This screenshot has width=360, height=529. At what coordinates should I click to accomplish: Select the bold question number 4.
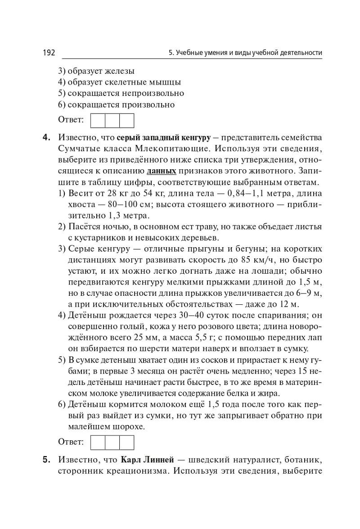[46, 137]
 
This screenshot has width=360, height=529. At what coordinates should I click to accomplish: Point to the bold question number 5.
[46, 460]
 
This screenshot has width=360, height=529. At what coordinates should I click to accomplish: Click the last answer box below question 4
[126, 443]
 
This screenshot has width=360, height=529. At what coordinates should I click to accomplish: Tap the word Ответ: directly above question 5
[71, 443]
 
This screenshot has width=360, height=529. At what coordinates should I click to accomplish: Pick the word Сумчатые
[77, 148]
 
